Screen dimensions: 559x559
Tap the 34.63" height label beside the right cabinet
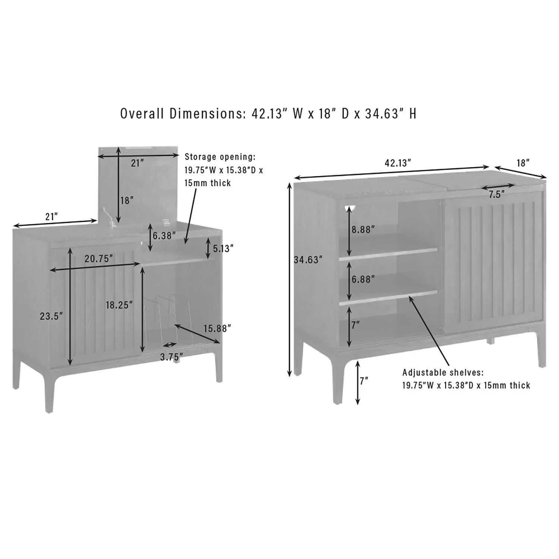click(x=307, y=260)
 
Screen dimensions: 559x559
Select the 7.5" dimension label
click(x=497, y=195)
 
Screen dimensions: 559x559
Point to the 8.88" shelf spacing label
click(x=363, y=229)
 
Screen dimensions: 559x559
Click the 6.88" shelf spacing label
click(x=363, y=279)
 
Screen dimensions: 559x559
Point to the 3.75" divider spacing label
click(x=171, y=357)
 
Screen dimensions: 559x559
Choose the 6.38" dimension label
click(x=164, y=236)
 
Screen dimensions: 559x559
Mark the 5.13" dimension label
click(x=222, y=248)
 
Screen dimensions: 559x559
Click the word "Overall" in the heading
click(x=143, y=113)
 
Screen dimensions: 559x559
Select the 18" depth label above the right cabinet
click(x=523, y=163)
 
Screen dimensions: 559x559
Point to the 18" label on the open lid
click(x=127, y=200)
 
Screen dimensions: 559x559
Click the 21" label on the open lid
click(x=137, y=163)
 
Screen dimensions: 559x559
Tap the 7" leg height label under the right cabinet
click(x=364, y=381)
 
